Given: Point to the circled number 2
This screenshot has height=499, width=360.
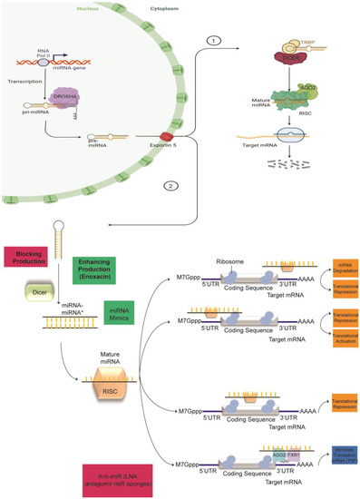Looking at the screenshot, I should [x=170, y=187].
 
